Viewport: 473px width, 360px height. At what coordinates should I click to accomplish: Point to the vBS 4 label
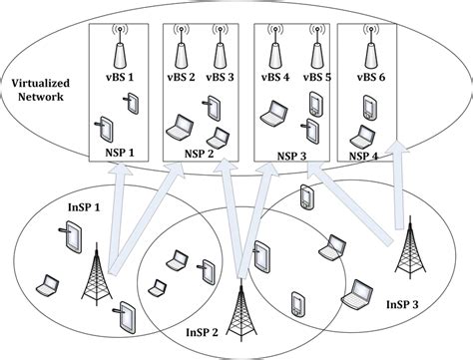coord(274,77)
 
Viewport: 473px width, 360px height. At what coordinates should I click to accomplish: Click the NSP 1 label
coord(121,155)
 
